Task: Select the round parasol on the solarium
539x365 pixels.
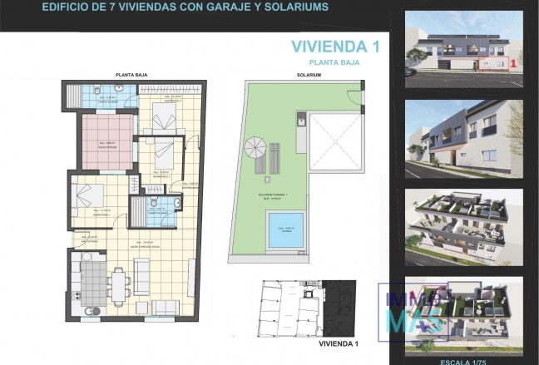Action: point(256,150)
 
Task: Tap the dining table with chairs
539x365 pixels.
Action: point(120,285)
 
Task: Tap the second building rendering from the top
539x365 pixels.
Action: point(463,138)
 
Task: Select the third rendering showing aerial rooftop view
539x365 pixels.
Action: point(463,224)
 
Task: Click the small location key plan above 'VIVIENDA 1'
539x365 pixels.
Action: point(306,307)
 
